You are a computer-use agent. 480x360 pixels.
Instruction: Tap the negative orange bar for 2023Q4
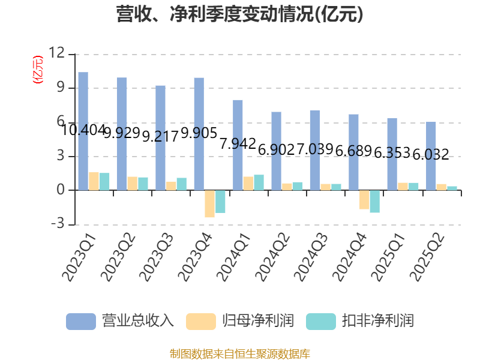(x=209, y=204)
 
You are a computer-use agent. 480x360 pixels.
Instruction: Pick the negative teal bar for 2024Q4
(x=374, y=202)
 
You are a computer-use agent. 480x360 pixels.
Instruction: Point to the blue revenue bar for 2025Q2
(x=431, y=156)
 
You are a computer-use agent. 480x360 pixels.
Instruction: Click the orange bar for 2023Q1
(x=94, y=181)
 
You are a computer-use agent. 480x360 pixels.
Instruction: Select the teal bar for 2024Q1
(x=259, y=182)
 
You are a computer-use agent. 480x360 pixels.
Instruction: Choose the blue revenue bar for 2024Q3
(x=314, y=150)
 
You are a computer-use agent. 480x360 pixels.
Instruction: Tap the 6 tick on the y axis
(x=60, y=122)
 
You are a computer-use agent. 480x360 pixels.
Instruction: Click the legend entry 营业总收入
(x=120, y=321)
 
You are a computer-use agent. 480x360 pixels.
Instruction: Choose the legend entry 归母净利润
(x=240, y=321)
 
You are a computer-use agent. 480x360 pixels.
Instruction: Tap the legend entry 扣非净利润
(x=360, y=321)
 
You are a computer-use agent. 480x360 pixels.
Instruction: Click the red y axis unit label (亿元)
(x=38, y=69)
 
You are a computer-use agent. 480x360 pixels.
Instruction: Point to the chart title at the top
(x=240, y=14)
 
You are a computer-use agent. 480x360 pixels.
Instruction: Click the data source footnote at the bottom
(x=240, y=353)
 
